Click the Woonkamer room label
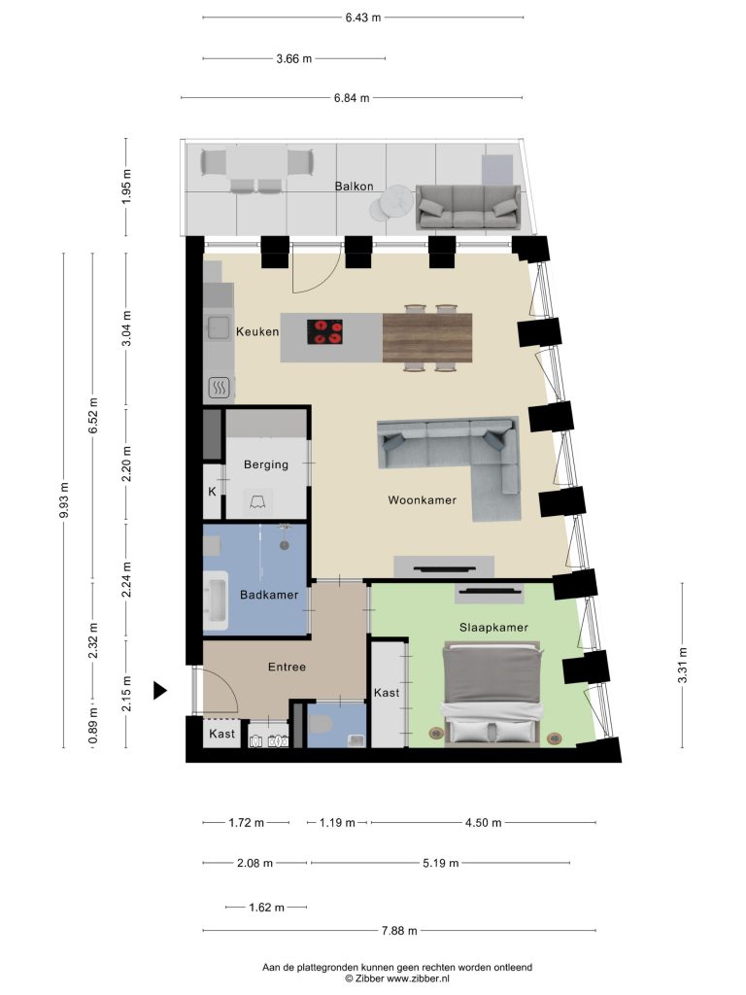(x=422, y=500)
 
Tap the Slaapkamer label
(x=493, y=628)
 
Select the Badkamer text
(x=269, y=595)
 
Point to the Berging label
(x=266, y=464)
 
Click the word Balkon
(x=354, y=187)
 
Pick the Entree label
(x=287, y=667)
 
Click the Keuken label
(x=256, y=331)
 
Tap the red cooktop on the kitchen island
(x=324, y=332)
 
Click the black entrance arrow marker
(x=160, y=691)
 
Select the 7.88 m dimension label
(x=399, y=931)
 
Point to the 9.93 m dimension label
(x=63, y=500)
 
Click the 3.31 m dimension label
(x=683, y=665)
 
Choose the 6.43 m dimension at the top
(x=363, y=17)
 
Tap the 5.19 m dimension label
(x=440, y=863)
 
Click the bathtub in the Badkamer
(x=215, y=600)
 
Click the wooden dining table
(x=427, y=338)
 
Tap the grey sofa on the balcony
(x=468, y=208)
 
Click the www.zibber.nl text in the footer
(x=418, y=978)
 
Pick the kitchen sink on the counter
(x=218, y=327)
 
